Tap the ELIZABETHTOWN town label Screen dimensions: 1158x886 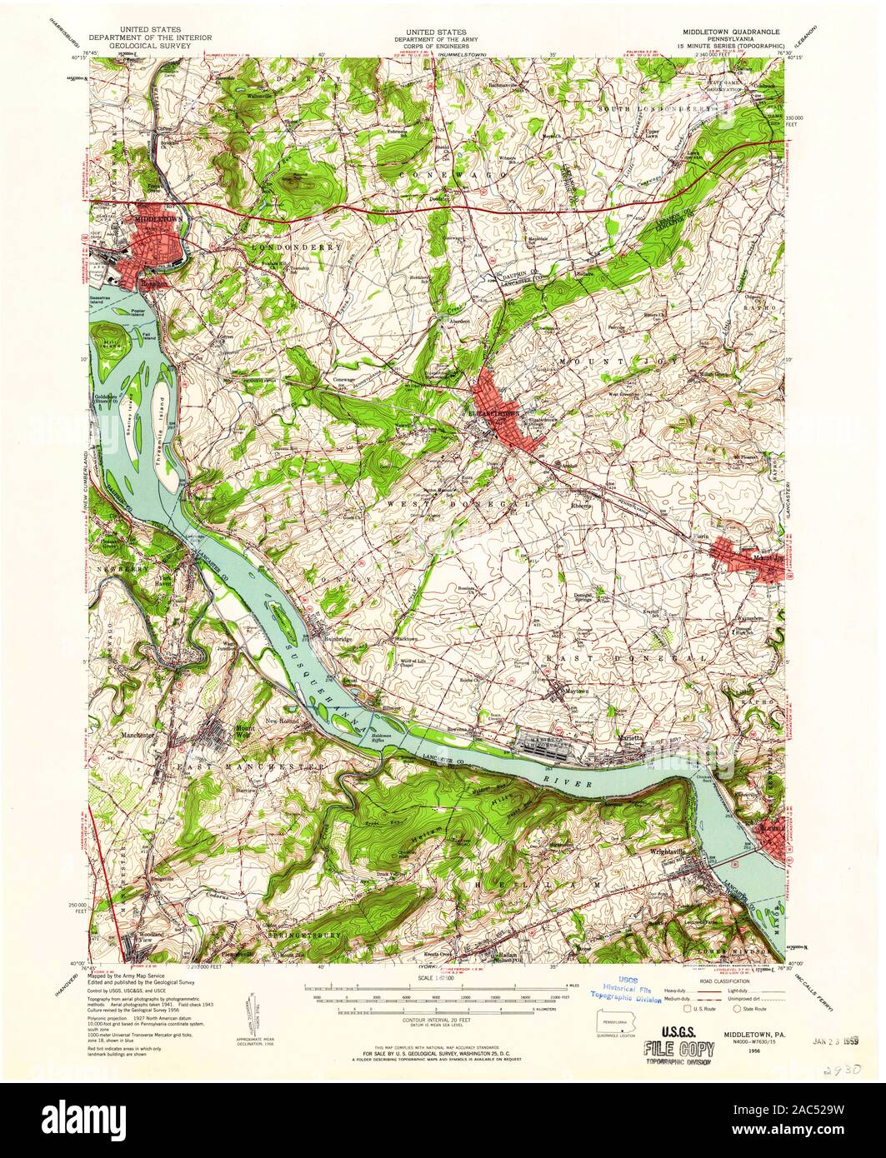494,412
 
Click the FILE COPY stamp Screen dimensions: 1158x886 678,1046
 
